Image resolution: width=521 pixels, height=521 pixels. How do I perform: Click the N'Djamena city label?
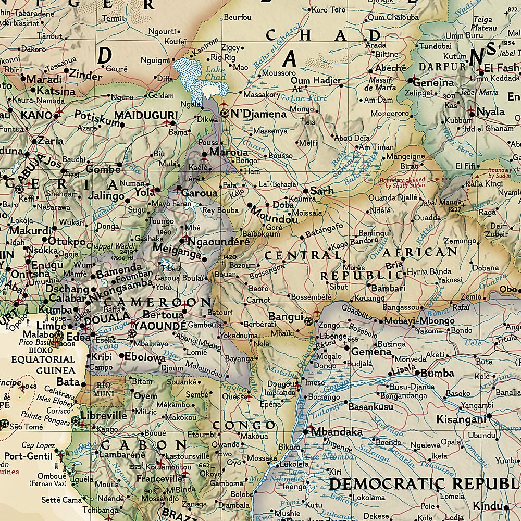click(258, 114)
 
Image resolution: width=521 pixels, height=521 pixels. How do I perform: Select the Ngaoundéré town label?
click(219, 241)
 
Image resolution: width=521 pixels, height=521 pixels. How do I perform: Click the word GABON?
click(143, 445)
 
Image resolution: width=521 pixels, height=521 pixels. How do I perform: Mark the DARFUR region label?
click(442, 67)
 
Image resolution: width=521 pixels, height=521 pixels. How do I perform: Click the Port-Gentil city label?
click(29, 456)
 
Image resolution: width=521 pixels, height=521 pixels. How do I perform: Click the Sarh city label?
click(321, 191)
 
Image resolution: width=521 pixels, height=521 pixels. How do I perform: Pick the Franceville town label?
click(159, 479)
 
